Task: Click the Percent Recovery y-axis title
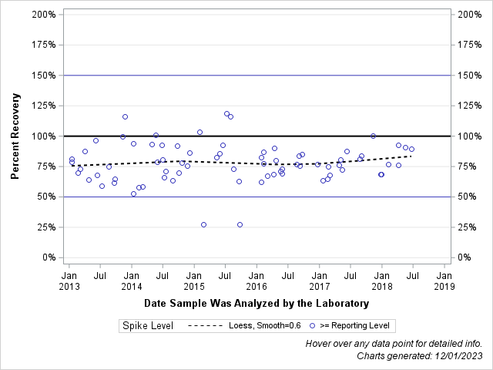pos(15,136)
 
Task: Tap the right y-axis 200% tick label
pos(469,15)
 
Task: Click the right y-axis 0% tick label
pos(466,257)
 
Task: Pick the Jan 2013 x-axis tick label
pos(69,280)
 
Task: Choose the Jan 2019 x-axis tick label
pos(444,280)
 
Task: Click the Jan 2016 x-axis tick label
pos(257,280)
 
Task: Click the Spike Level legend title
pos(147,326)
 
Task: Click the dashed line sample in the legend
pos(206,326)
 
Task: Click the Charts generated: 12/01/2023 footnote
pos(420,356)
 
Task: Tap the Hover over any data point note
pos(394,344)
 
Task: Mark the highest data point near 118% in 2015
pos(226,114)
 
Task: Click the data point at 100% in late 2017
pos(373,136)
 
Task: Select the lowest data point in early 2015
pos(203,225)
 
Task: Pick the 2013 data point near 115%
pos(125,117)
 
